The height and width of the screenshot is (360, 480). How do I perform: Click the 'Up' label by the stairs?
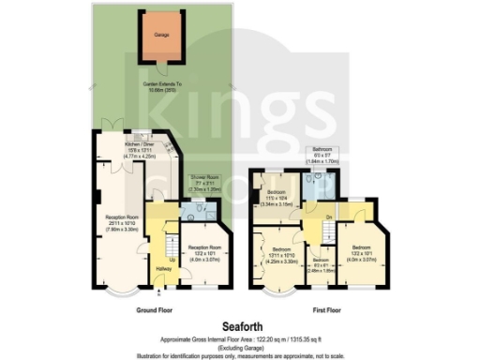tap(172, 258)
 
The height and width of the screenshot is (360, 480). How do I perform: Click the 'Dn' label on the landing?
tap(328, 217)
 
